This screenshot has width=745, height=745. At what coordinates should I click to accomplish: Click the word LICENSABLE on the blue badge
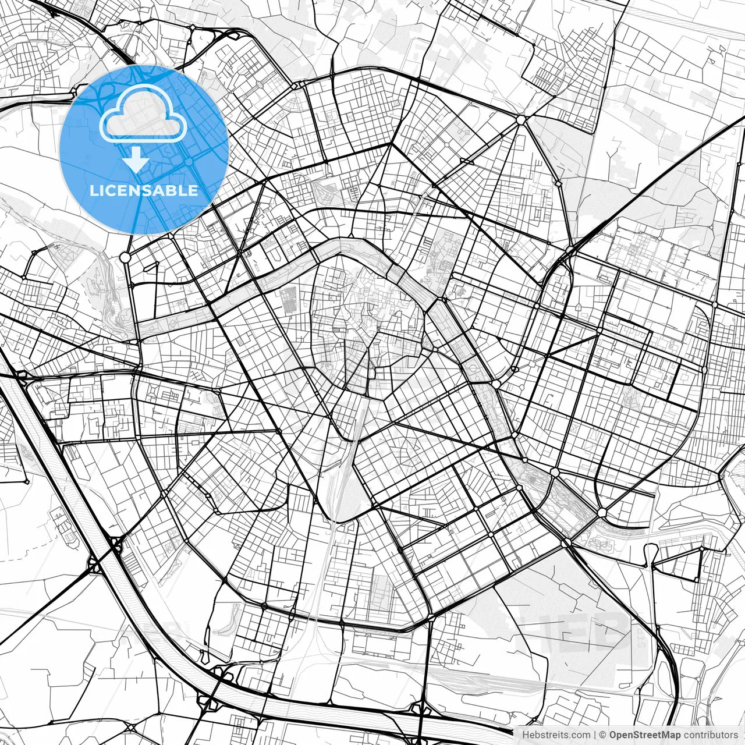click(144, 191)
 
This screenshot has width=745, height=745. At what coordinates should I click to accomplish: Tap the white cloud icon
click(143, 114)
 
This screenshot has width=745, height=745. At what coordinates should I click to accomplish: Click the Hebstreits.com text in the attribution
click(556, 735)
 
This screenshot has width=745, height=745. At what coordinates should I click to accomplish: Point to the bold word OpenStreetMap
click(645, 735)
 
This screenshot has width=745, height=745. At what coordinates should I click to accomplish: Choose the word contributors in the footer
click(711, 735)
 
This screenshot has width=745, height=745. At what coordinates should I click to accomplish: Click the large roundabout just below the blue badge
click(125, 257)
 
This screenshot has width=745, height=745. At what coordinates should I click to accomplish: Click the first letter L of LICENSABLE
click(94, 191)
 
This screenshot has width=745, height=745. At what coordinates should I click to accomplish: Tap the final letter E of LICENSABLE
click(193, 191)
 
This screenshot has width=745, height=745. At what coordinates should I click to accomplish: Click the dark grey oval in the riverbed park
click(533, 479)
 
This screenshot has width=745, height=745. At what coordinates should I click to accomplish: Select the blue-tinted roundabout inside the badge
click(189, 161)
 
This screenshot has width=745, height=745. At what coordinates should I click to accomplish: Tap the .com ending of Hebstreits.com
click(580, 735)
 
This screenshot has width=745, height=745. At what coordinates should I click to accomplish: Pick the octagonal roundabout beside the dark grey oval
click(555, 471)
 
